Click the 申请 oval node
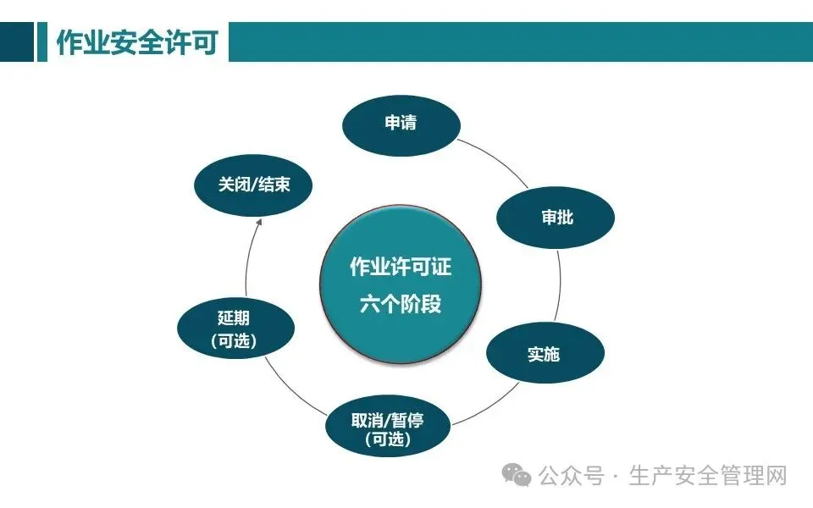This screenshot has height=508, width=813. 401,124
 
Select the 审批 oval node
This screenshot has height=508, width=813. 556,218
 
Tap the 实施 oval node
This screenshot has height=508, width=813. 545,354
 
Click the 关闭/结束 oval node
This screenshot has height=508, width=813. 253,185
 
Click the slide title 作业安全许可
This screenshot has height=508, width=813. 137,43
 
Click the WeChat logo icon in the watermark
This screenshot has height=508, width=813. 517,476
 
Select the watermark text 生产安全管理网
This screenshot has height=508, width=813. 708,476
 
